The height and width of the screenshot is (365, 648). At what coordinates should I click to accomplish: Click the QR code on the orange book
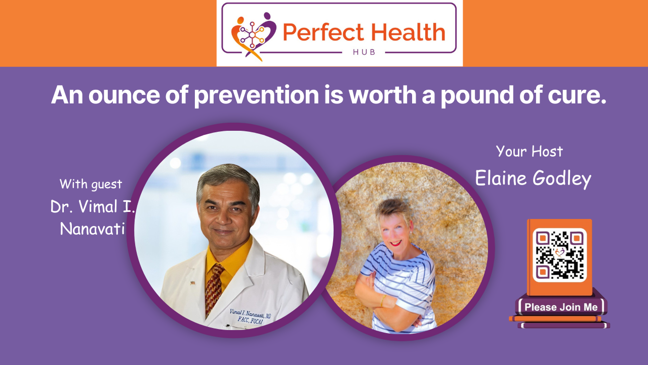[559, 255]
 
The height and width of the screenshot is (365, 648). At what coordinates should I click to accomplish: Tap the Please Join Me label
[561, 307]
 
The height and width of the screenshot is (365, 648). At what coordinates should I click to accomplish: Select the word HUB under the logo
[364, 52]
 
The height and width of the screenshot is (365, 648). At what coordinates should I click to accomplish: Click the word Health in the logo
[408, 32]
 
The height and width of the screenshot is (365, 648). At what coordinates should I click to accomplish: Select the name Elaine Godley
[533, 178]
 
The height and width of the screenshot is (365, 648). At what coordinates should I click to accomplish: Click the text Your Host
[530, 151]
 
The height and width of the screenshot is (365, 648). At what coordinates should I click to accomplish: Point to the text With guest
[91, 184]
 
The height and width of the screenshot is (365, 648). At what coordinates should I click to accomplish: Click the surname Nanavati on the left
[92, 229]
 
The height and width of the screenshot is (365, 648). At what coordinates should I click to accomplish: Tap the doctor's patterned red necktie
[214, 289]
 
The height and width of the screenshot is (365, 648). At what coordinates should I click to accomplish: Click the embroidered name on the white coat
[250, 316]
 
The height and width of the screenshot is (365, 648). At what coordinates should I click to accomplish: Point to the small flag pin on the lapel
[193, 283]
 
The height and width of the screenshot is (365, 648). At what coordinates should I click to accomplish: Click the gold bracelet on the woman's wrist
[382, 301]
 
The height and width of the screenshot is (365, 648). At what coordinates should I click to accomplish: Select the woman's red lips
[396, 243]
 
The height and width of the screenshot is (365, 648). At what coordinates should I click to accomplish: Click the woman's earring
[411, 232]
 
